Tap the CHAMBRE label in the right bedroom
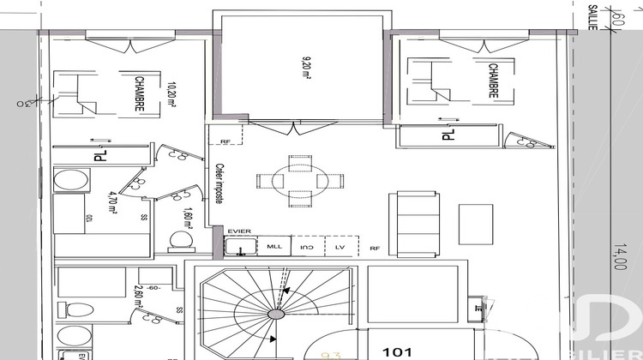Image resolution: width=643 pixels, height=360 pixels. pos(492,81)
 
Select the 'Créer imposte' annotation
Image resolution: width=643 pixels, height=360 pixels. pos(219,183)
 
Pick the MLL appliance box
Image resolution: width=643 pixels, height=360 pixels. pos(274,247)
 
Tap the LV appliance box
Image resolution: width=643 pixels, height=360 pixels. pos(340,247)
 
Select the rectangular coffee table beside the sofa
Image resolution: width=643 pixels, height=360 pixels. pos(476,222)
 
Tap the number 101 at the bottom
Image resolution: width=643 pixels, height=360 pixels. pos(397,351)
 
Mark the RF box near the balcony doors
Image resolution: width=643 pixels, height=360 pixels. pos(226,141)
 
